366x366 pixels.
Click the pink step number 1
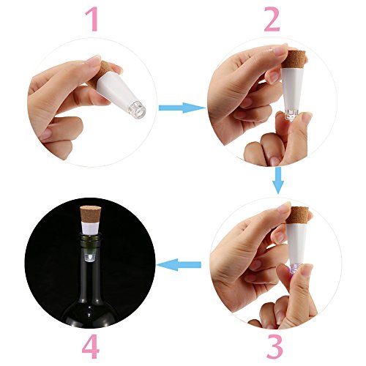tap(92, 19)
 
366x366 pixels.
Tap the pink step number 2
tap(272, 19)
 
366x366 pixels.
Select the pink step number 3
tap(274, 346)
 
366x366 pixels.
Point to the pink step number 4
tap(91, 346)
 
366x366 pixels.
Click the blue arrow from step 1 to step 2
tap(182, 108)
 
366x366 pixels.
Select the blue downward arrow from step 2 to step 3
tap(278, 180)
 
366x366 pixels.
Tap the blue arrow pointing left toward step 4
tap(179, 265)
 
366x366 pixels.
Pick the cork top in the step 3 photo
tap(298, 215)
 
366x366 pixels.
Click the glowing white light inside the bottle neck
tap(89, 257)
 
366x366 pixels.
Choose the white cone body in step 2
tap(292, 89)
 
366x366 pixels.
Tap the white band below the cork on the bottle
tap(90, 228)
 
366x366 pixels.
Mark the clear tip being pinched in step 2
tap(292, 116)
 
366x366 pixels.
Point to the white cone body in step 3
tap(297, 244)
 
